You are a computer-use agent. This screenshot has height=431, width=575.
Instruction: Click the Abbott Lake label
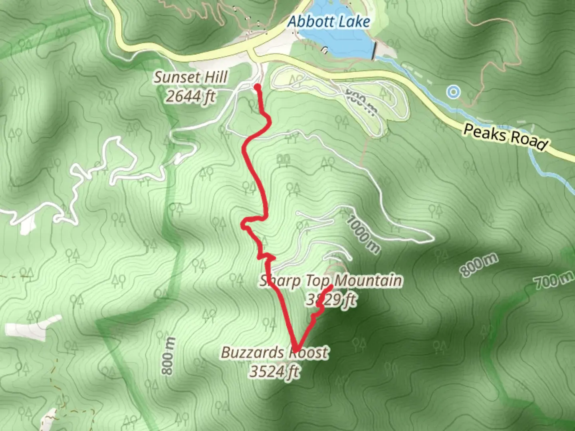coord(329,22)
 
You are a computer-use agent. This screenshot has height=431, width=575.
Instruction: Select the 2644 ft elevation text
coord(190,96)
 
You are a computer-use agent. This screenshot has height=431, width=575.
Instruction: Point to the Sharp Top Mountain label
coord(331,281)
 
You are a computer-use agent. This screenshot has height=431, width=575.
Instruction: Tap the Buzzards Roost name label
coord(275,353)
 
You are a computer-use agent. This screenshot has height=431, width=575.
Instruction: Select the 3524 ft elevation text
coord(274,372)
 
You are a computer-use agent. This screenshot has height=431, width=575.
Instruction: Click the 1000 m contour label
coord(363,235)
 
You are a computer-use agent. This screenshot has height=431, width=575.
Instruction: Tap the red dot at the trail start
coord(257,87)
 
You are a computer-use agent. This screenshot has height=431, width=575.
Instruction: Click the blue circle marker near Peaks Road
coord(453,92)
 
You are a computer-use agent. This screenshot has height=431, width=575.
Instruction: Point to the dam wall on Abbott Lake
coord(374,51)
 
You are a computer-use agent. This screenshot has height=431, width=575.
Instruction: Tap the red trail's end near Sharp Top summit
coord(332,287)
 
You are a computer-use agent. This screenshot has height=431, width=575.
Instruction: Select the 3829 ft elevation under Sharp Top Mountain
coord(331,299)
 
